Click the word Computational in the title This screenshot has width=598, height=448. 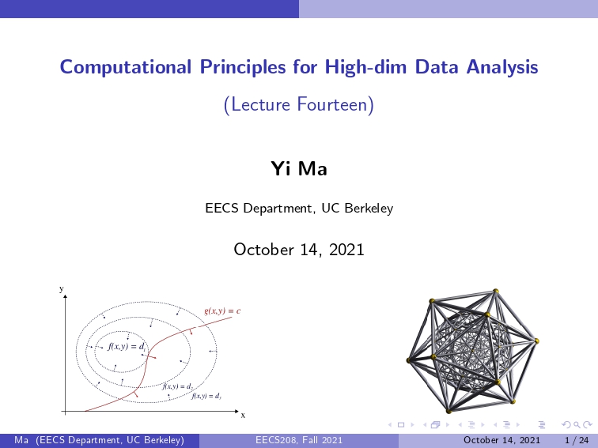[x=126, y=67]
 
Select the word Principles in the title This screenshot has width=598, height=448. [x=243, y=67]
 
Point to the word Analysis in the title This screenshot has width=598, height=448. [x=501, y=67]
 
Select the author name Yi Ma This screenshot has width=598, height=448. [x=299, y=168]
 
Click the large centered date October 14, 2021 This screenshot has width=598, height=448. [x=299, y=250]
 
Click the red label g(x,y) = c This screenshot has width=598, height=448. [x=222, y=311]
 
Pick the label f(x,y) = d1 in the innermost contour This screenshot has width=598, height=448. [x=127, y=346]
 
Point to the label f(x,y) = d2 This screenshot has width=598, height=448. [x=178, y=386]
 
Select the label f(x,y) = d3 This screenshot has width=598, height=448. [x=206, y=396]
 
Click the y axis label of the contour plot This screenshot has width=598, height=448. [x=62, y=289]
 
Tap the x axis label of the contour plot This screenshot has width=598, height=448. [x=244, y=416]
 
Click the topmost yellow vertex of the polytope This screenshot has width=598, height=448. [x=496, y=291]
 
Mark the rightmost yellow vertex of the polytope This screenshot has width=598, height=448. [x=536, y=341]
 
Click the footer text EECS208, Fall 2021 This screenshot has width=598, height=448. [x=299, y=440]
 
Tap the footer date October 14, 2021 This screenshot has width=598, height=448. [x=501, y=440]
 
